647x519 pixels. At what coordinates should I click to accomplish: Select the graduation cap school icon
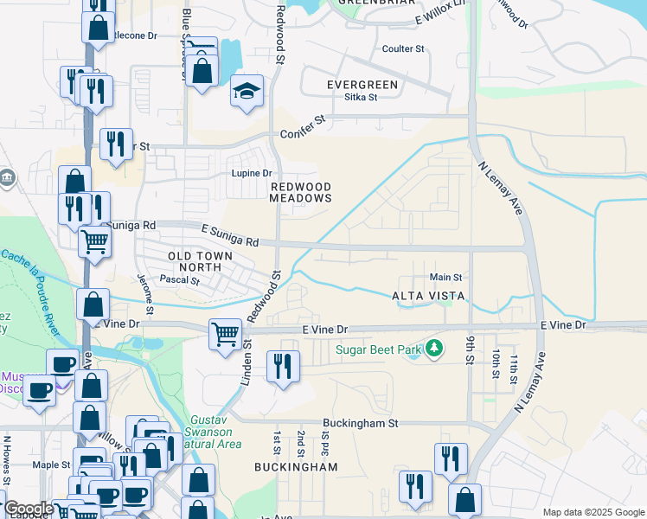coord(247,92)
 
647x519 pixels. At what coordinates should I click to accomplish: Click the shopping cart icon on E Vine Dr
coord(225,333)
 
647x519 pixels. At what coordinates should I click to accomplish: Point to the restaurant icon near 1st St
coord(283,368)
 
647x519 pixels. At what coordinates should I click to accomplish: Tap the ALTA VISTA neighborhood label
coord(429,296)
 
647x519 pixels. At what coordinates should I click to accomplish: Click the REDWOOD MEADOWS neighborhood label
coord(300,192)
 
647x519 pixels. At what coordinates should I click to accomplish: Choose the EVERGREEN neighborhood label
coord(362,85)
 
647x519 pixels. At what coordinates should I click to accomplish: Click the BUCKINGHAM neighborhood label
coord(296,467)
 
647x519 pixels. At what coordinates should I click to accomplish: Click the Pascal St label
coord(180,279)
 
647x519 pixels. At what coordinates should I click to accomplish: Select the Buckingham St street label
coord(360,424)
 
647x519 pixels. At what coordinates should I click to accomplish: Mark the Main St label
coord(446,277)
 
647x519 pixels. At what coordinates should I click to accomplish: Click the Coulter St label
coord(403,49)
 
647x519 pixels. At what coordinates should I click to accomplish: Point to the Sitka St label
coord(362,97)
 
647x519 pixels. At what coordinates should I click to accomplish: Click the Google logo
coord(28,509)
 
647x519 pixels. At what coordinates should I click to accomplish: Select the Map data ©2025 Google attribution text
coord(593,512)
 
